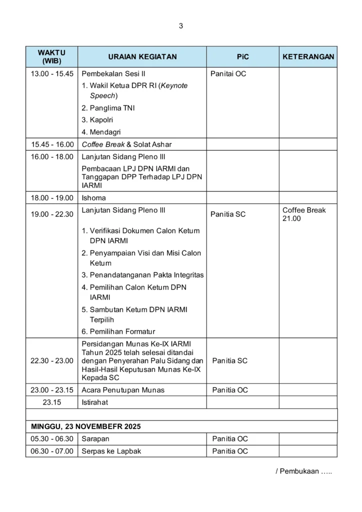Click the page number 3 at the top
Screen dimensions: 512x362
180,26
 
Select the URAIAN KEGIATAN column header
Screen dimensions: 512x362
142,57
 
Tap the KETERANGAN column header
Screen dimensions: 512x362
308,57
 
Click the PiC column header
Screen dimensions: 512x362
242,57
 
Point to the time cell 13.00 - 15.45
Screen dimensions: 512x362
52,73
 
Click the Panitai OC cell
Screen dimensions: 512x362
228,73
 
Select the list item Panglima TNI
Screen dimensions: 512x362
108,108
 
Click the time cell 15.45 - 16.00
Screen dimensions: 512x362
52,144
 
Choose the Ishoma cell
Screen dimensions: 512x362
93,198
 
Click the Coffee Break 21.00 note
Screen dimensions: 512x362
303,214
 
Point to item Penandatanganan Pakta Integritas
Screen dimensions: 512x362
142,275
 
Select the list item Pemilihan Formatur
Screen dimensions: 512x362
118,331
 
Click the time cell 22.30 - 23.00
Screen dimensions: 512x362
52,360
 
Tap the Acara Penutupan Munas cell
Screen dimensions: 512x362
123,390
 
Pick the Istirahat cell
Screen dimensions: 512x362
94,402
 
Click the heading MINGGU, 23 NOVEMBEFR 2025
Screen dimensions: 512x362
85,426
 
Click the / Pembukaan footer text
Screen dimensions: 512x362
303,471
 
